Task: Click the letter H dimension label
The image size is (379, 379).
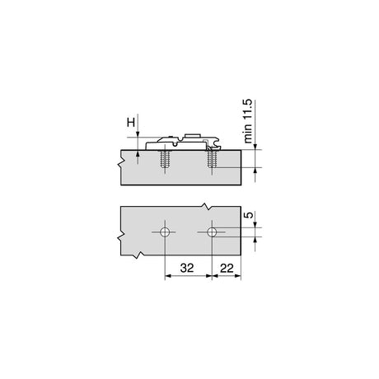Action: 131,122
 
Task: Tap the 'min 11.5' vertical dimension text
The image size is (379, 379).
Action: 248,121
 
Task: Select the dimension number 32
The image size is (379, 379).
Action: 187,268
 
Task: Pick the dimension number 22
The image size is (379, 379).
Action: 227,268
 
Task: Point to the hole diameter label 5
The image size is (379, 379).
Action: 249,215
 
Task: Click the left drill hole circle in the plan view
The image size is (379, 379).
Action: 165,232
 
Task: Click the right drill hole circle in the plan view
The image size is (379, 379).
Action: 212,232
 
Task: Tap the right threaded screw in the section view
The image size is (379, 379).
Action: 212,159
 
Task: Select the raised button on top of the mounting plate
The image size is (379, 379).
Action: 193,136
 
